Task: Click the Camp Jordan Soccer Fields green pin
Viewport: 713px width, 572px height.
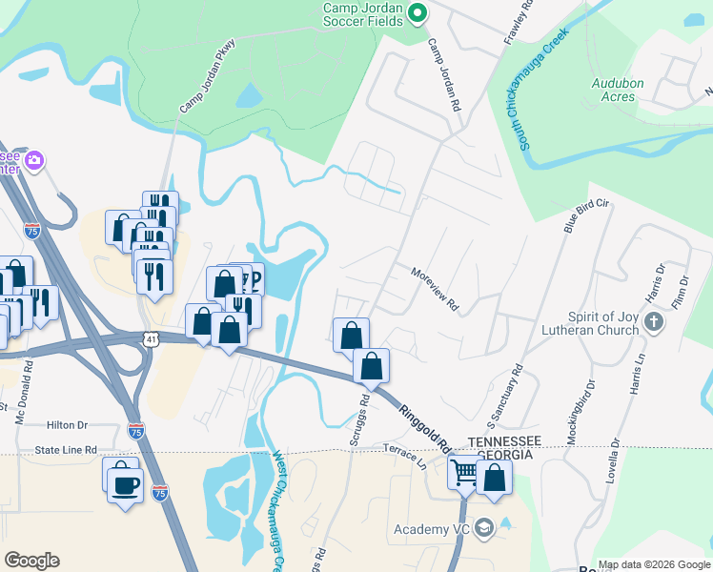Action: [417, 12]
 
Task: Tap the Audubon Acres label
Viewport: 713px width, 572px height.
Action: [618, 91]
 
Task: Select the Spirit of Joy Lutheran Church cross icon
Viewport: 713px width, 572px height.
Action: [654, 321]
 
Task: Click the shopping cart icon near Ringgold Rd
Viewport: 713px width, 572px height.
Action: [464, 471]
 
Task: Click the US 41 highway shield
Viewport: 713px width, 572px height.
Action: [152, 338]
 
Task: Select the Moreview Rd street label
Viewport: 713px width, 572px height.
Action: [435, 288]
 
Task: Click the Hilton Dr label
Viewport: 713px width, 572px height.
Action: [67, 426]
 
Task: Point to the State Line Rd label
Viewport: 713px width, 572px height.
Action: [66, 449]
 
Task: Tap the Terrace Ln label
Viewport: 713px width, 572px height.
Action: [404, 456]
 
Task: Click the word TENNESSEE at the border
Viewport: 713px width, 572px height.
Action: [504, 440]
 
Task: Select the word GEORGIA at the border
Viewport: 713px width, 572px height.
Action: [504, 455]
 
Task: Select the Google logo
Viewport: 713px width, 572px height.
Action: [31, 561]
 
